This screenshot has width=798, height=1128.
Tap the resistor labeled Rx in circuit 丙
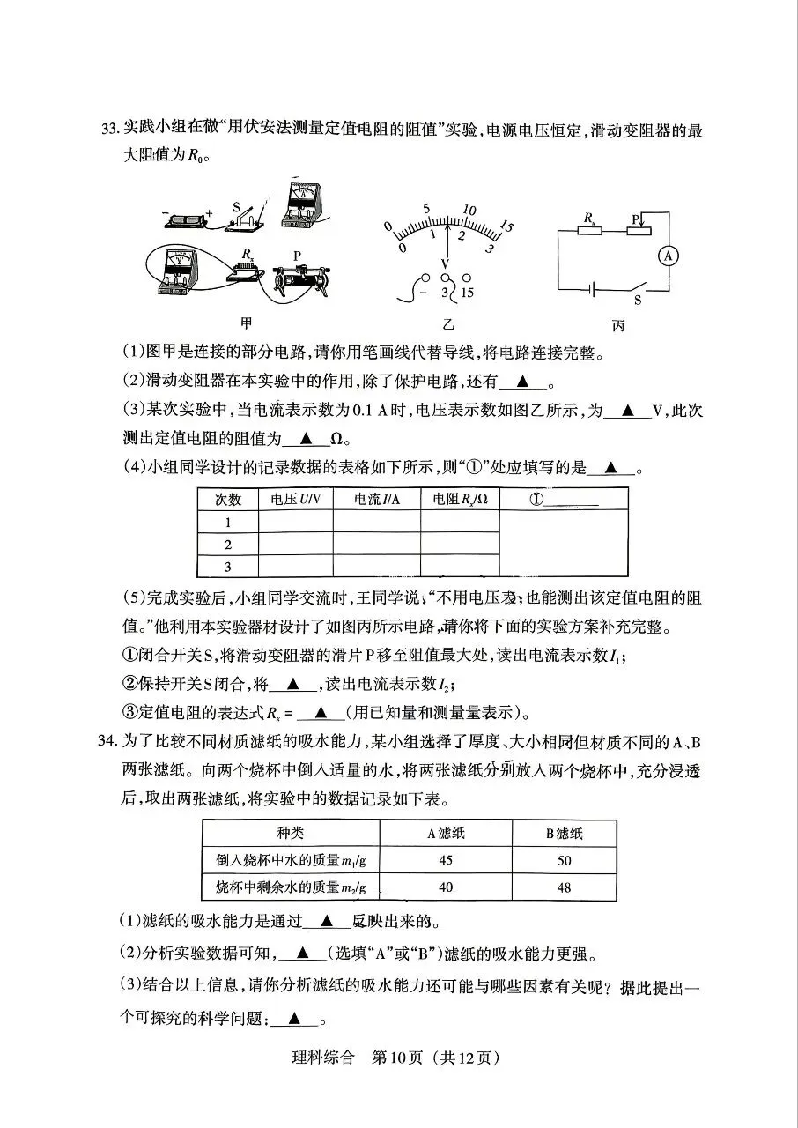588,232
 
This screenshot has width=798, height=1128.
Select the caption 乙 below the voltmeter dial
449,323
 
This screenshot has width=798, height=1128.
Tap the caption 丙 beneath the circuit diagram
617,325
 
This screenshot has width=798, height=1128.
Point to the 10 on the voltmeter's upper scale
469,210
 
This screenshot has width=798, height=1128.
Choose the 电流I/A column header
376,499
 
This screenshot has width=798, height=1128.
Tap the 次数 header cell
228,499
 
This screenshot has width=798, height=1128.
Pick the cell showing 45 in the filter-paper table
445,860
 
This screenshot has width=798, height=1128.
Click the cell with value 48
564,887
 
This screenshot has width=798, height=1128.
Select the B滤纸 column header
564,834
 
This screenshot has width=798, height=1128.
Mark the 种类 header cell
290,834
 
